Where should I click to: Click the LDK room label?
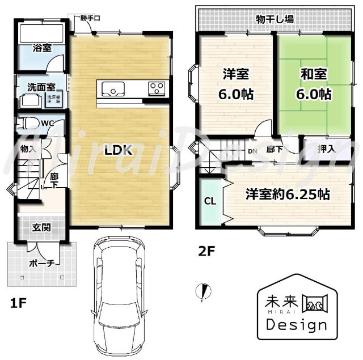pyautogui.click(x=119, y=150)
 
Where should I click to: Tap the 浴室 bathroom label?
pyautogui.click(x=41, y=48)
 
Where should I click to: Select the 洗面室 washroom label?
pyautogui.click(x=41, y=87)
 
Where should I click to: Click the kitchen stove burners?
pyautogui.click(x=157, y=88)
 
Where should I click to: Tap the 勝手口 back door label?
pyautogui.click(x=90, y=18)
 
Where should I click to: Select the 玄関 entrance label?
pyautogui.click(x=41, y=228)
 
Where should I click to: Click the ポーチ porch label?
pyautogui.click(x=42, y=263)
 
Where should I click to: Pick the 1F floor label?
pyautogui.click(x=18, y=303)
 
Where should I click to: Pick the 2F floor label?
pyautogui.click(x=206, y=250)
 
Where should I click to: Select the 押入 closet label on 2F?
pyautogui.click(x=326, y=150)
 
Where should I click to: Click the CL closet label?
pyautogui.click(x=209, y=201)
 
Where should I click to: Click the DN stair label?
pyautogui.click(x=253, y=151)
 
